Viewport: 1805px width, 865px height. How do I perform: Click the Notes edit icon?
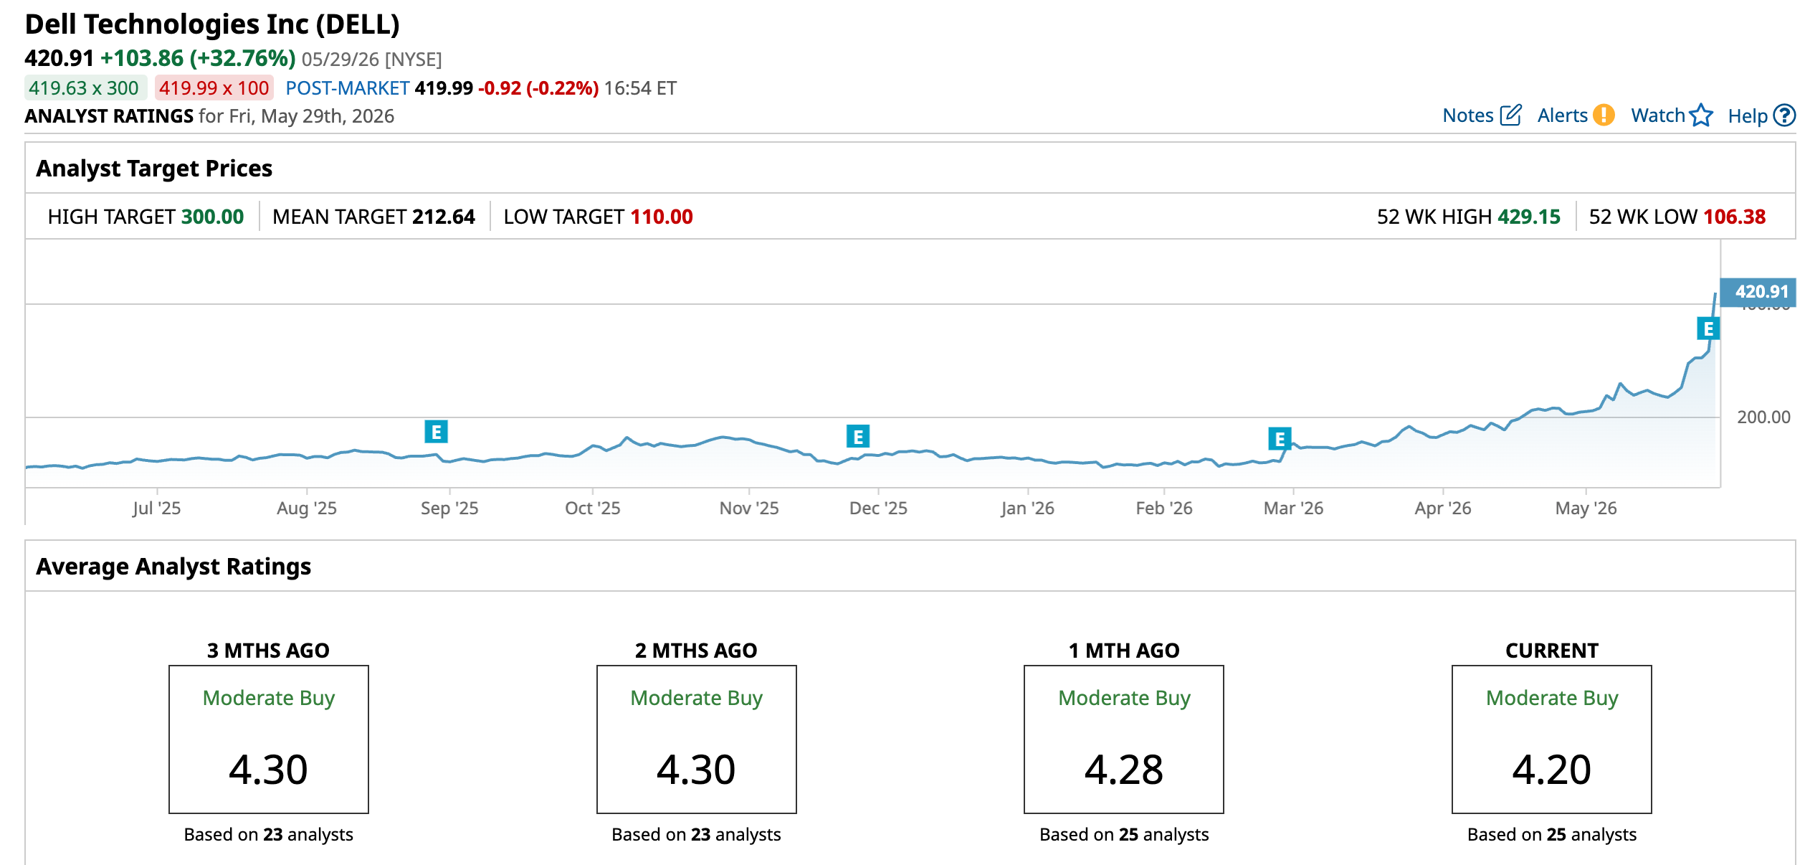pos(1510,115)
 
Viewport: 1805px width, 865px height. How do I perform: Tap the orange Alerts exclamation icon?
pos(1604,115)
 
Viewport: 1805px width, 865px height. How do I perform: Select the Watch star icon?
pos(1700,115)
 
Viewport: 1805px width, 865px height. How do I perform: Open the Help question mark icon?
pos(1784,115)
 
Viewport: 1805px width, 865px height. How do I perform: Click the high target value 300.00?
pos(213,217)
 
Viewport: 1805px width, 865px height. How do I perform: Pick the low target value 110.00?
pos(662,217)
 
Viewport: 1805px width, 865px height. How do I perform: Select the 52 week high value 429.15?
pos(1529,217)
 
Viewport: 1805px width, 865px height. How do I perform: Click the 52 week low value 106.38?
pos(1735,217)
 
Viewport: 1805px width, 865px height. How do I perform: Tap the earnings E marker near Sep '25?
pos(436,432)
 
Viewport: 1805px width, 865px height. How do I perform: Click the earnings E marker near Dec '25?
pos(858,436)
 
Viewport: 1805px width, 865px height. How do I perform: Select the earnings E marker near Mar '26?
pos(1280,438)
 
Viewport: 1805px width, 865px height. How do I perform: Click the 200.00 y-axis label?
pos(1763,417)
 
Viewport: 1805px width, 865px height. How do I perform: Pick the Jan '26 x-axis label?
pos(1027,509)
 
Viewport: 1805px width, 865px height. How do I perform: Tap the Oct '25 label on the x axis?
pos(593,509)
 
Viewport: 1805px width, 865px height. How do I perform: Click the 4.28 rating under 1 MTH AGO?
pos(1124,770)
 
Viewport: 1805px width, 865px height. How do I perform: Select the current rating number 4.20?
pos(1552,770)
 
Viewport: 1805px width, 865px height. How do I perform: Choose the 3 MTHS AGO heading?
pos(268,651)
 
